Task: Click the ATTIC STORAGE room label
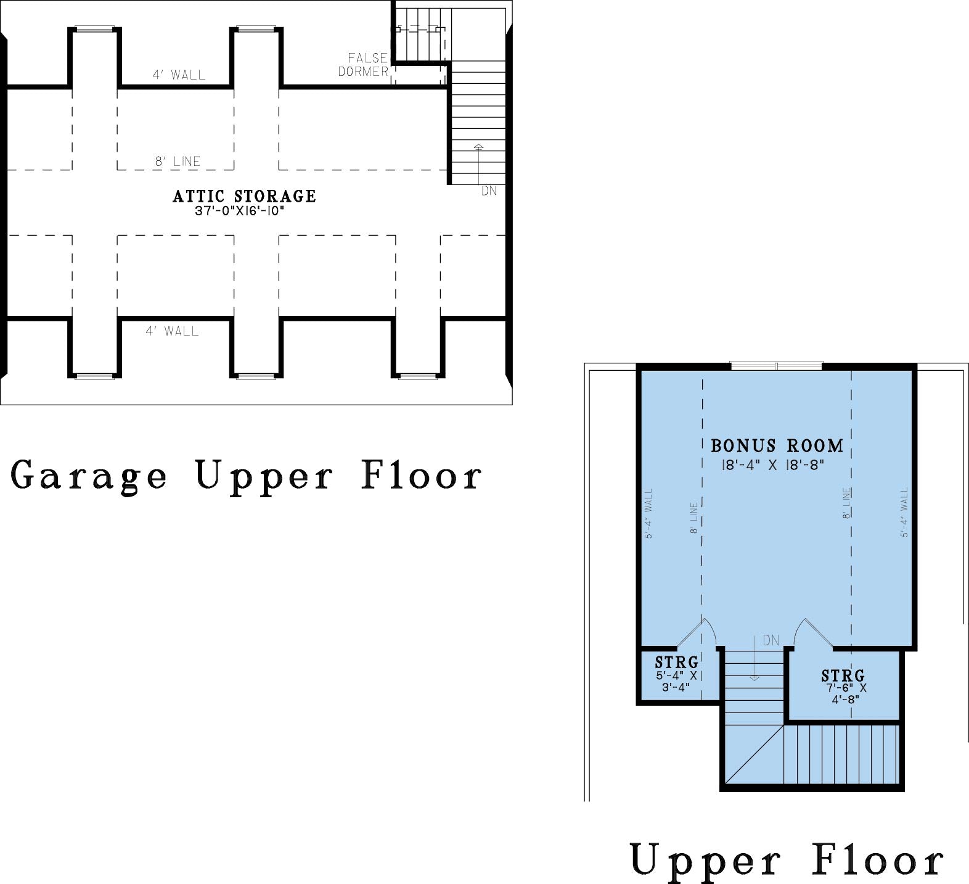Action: pyautogui.click(x=244, y=196)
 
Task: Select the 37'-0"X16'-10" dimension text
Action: pyautogui.click(x=240, y=211)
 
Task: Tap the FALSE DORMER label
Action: pyautogui.click(x=364, y=65)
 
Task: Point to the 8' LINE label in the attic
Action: pyautogui.click(x=178, y=162)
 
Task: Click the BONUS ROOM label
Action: pyautogui.click(x=777, y=445)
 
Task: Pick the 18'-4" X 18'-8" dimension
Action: pyautogui.click(x=773, y=465)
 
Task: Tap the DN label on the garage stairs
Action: pyautogui.click(x=489, y=191)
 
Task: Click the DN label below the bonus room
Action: pyautogui.click(x=771, y=641)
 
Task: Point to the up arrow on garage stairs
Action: pyautogui.click(x=479, y=163)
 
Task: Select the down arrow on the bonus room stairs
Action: pyautogui.click(x=754, y=658)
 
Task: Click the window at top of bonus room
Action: pyautogui.click(x=776, y=366)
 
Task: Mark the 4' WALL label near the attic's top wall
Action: pyautogui.click(x=179, y=75)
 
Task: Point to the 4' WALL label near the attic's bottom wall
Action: pyautogui.click(x=172, y=331)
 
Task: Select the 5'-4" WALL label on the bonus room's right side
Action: pyautogui.click(x=904, y=512)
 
